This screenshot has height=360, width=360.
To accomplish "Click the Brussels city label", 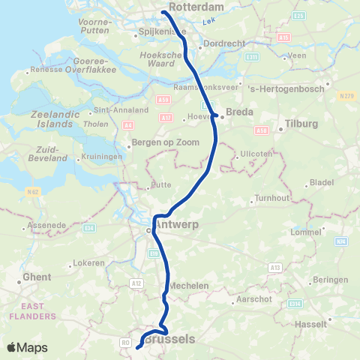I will (169, 339).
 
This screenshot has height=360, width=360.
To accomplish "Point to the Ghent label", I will (37, 277).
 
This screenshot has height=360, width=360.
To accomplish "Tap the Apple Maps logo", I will (26, 347).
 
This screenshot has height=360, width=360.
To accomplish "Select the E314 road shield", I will (294, 303).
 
